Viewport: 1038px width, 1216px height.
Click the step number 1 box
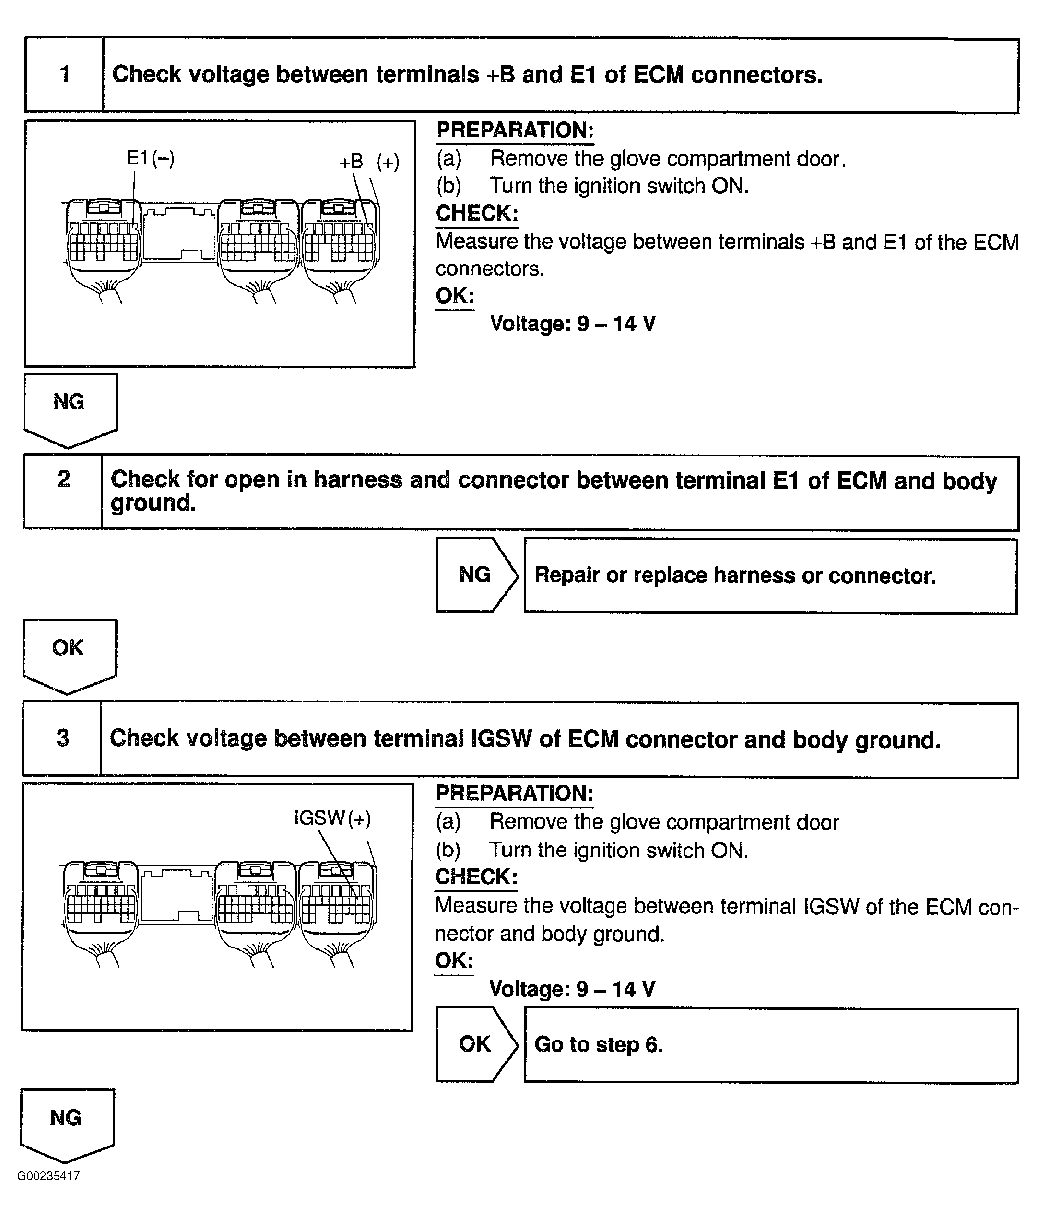click(64, 74)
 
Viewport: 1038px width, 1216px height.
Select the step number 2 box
click(63, 492)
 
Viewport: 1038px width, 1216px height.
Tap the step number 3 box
click(62, 738)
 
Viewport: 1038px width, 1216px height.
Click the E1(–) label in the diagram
click(150, 158)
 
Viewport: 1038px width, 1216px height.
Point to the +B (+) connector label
click(369, 162)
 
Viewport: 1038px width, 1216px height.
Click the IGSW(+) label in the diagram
click(332, 818)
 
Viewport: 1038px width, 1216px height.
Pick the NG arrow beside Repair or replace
click(475, 574)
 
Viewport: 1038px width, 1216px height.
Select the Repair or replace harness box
click(770, 576)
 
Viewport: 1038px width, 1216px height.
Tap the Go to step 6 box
click(770, 1045)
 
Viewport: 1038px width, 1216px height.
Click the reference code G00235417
click(49, 1176)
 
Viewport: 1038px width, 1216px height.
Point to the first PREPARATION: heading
click(515, 130)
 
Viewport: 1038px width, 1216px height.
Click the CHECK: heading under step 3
click(476, 877)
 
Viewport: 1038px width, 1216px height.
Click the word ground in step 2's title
click(153, 503)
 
